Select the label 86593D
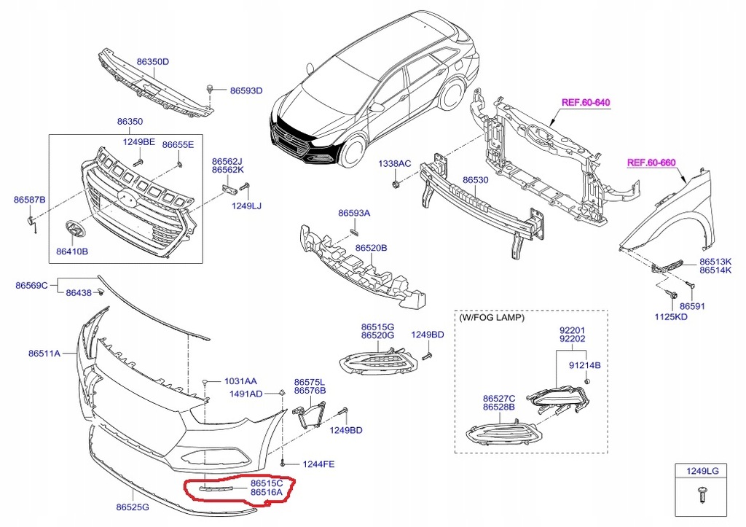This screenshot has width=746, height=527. point(246,91)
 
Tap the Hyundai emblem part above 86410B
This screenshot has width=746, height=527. point(74,230)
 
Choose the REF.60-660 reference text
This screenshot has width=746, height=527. point(653,163)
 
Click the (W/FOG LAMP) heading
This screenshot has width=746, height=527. point(492,318)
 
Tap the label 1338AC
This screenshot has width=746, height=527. point(394,165)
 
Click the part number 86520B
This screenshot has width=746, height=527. point(371,248)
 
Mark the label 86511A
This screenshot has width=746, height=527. point(44,354)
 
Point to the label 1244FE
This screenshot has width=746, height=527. point(319,464)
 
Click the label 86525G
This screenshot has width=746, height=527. point(132,507)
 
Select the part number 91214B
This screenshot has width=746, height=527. point(584,364)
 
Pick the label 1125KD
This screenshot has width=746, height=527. point(670,318)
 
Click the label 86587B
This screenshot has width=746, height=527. point(30,200)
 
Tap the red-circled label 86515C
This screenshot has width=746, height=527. point(266,483)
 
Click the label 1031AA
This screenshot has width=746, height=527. point(240,381)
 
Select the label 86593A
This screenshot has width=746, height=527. point(354,214)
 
